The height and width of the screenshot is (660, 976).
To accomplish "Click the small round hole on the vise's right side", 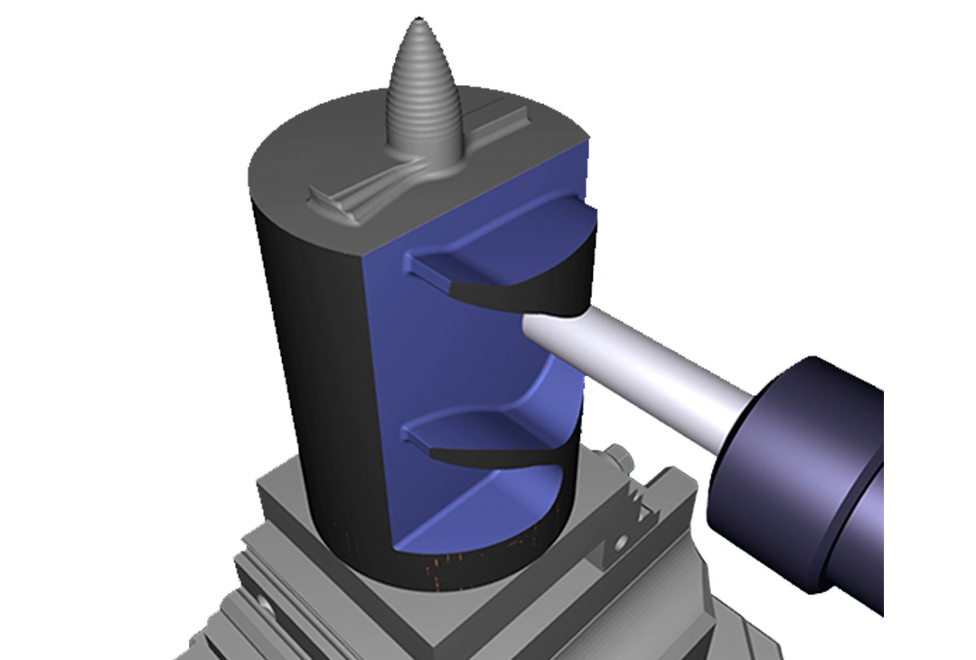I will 622,543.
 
